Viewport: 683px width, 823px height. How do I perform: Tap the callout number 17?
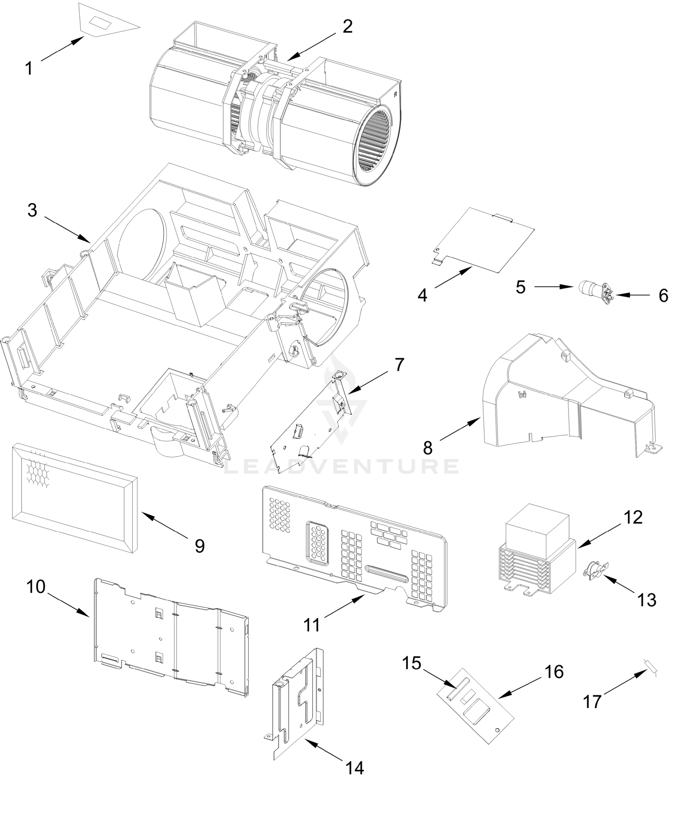[592, 702]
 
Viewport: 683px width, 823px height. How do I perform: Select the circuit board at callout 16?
[475, 706]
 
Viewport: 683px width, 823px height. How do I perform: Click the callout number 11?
[312, 625]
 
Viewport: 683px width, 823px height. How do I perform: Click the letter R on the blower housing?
[396, 94]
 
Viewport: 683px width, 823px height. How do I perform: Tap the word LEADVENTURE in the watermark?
[341, 466]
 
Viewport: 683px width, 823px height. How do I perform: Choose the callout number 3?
[32, 211]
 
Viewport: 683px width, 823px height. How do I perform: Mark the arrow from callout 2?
[312, 46]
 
